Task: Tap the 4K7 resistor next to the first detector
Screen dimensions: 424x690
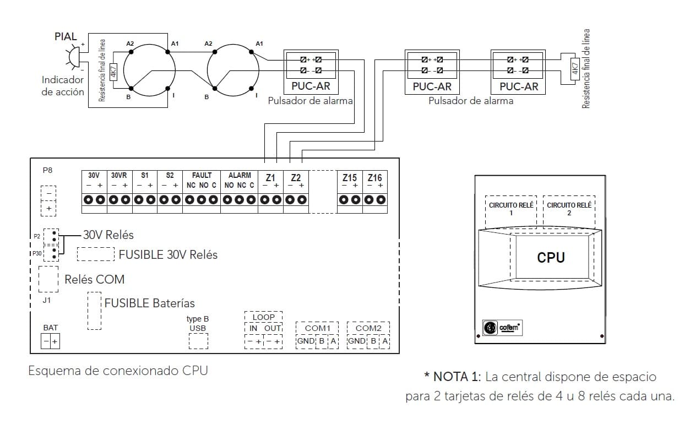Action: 113,71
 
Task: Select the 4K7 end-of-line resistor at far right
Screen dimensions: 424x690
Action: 574,68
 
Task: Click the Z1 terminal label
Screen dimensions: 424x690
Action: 270,178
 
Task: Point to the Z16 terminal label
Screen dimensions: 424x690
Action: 374,178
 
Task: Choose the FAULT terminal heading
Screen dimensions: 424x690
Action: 202,175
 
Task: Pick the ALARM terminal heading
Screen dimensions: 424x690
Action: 240,175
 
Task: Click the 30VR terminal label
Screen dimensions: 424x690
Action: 119,175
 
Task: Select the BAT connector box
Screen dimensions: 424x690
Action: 51,342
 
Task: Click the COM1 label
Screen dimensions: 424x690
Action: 317,328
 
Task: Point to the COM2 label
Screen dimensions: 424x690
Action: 368,328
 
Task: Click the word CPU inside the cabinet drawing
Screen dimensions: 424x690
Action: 551,257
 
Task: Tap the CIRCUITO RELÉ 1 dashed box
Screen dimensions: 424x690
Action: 511,209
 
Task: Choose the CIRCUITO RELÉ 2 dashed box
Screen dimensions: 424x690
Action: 569,209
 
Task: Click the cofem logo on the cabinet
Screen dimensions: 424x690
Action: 502,328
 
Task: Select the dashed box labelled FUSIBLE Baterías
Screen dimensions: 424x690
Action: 94,311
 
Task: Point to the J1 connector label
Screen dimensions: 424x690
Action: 47,301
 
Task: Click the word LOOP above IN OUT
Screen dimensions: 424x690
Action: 263,317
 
